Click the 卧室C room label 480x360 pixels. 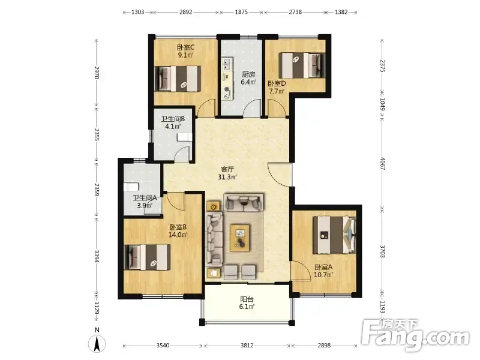tap(185, 47)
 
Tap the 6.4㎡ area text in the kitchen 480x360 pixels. tap(248, 82)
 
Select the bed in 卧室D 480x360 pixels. tap(302, 65)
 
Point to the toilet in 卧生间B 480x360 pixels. tap(185, 137)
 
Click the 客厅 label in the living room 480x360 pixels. tap(227, 169)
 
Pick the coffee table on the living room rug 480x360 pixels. tap(241, 238)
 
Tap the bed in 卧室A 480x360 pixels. tap(334, 235)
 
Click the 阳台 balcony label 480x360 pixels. tap(247, 299)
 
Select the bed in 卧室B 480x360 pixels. tap(148, 257)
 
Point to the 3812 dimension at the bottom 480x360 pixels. tap(247, 346)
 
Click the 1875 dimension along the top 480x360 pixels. tap(241, 12)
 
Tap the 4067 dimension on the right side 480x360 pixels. tap(382, 163)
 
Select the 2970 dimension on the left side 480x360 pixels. tap(97, 73)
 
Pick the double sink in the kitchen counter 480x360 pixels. tap(227, 64)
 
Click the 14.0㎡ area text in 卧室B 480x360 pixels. tap(178, 235)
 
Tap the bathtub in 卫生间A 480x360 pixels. tap(131, 187)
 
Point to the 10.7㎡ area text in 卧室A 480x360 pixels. tap(323, 275)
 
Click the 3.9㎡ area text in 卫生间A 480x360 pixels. tap(145, 206)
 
